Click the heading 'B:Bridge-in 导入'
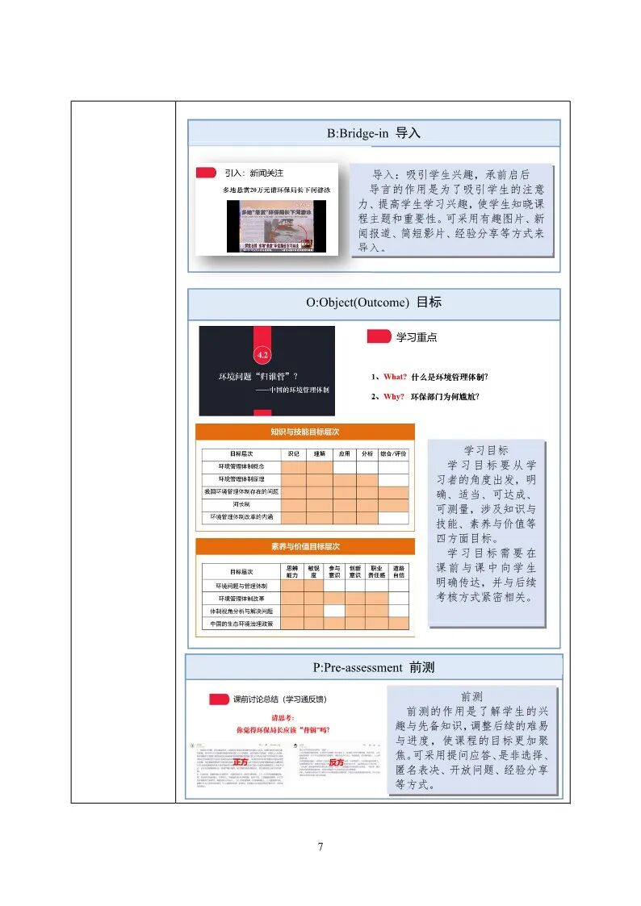[x=373, y=133]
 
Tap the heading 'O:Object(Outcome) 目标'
[x=373, y=303]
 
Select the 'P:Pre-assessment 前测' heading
[x=373, y=667]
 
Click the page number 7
[x=320, y=846]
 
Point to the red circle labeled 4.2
[x=262, y=354]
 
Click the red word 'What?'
[x=396, y=377]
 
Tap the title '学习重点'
[x=417, y=337]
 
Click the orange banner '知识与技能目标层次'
[x=304, y=432]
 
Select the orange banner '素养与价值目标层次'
[x=304, y=546]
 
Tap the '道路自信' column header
[x=398, y=571]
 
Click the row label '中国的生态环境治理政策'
[x=241, y=624]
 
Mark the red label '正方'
[x=240, y=762]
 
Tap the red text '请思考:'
[x=283, y=717]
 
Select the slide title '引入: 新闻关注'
[x=253, y=173]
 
